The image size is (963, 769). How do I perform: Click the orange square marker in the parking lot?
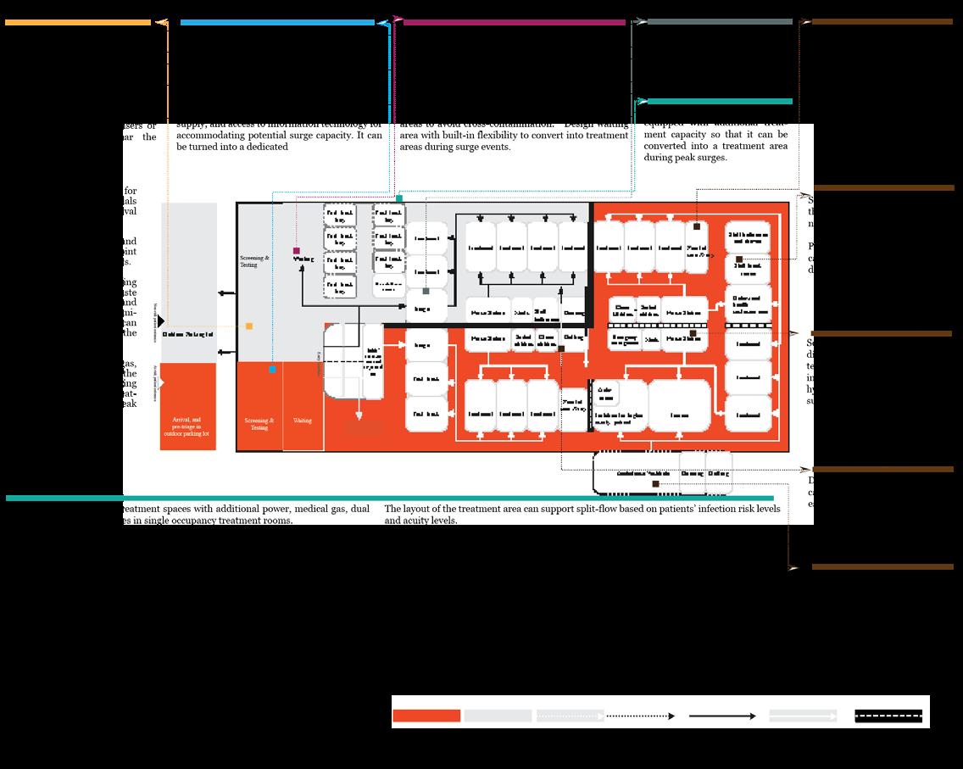(x=249, y=326)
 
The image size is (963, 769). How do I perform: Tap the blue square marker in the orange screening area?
(x=272, y=370)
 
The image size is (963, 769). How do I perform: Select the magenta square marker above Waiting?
(x=296, y=251)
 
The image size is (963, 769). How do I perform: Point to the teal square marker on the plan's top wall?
(x=399, y=198)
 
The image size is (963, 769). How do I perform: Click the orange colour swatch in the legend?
(x=426, y=716)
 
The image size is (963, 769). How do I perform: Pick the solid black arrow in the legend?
(x=722, y=716)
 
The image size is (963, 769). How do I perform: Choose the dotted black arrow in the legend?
(x=641, y=716)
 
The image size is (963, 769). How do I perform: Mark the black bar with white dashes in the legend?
(x=888, y=716)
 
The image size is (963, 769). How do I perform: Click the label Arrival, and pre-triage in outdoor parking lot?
(x=189, y=426)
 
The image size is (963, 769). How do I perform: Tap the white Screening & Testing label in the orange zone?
(x=259, y=424)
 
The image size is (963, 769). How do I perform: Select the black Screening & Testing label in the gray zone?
(x=255, y=261)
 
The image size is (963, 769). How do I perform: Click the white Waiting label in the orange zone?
(x=303, y=421)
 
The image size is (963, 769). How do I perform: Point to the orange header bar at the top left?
(x=78, y=23)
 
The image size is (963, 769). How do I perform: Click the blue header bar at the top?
(x=277, y=23)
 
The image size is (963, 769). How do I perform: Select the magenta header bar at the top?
(x=515, y=23)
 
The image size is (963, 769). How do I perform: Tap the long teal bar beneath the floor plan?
(x=390, y=499)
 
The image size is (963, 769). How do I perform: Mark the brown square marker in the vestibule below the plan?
(x=656, y=484)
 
